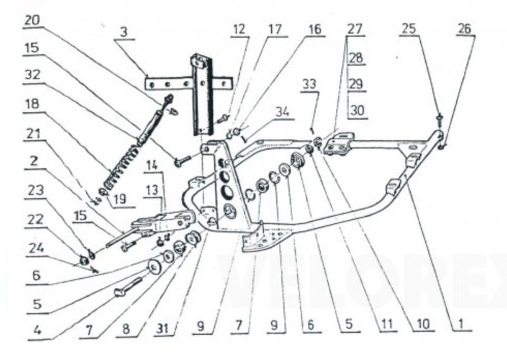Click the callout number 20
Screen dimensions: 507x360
tap(32, 21)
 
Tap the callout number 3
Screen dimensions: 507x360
tap(124, 32)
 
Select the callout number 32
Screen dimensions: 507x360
tap(32, 75)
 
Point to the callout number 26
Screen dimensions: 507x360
tap(465, 29)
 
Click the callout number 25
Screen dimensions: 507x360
tap(409, 29)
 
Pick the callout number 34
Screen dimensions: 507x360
tap(282, 112)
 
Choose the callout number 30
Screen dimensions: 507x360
tap(357, 111)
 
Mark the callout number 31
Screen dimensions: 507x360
tap(163, 328)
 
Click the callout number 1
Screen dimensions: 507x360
tap(461, 324)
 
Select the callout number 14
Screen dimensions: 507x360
tap(152, 165)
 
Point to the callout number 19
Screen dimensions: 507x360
tap(119, 198)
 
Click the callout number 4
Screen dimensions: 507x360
tap(37, 331)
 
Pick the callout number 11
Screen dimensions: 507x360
tap(387, 324)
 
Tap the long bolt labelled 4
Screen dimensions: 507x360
tap(128, 287)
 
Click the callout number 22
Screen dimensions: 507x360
tap(35, 220)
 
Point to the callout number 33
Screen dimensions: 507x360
tap(310, 84)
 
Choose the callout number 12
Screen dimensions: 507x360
tap(240, 29)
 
